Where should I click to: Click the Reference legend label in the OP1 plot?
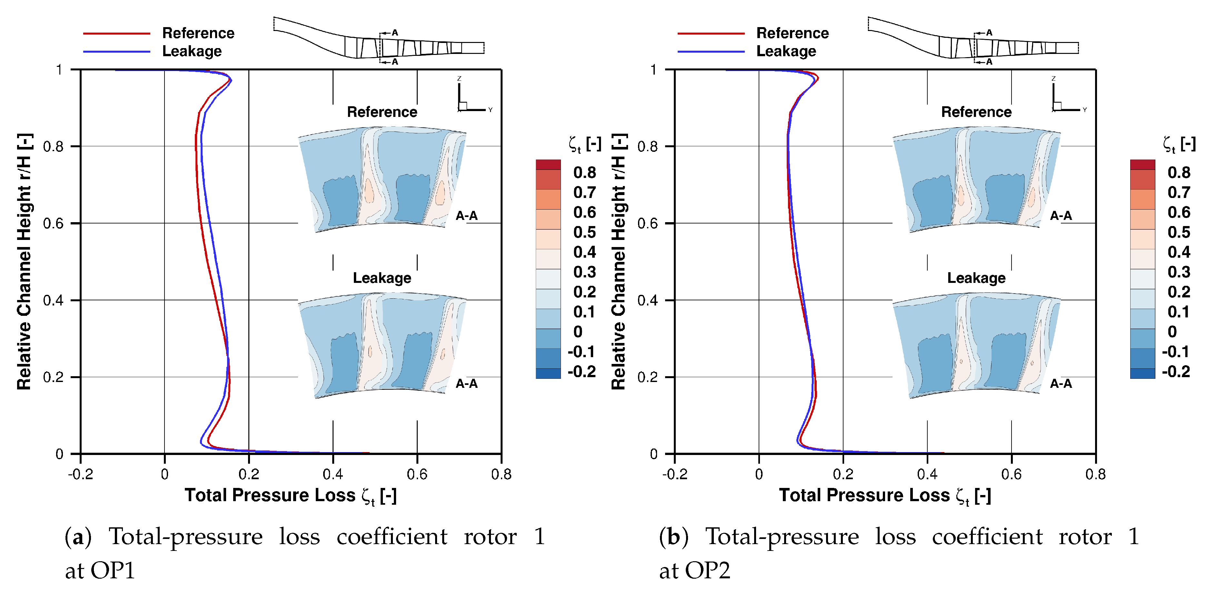point(198,33)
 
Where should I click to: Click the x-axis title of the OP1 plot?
point(291,496)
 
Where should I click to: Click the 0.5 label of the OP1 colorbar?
point(584,232)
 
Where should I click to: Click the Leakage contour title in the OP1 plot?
point(382,278)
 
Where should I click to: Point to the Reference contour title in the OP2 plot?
point(976,112)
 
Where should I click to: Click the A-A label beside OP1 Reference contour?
point(467,216)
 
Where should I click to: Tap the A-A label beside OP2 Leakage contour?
point(1061,384)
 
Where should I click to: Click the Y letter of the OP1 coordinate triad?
point(490,110)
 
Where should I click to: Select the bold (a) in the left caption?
point(78,536)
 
